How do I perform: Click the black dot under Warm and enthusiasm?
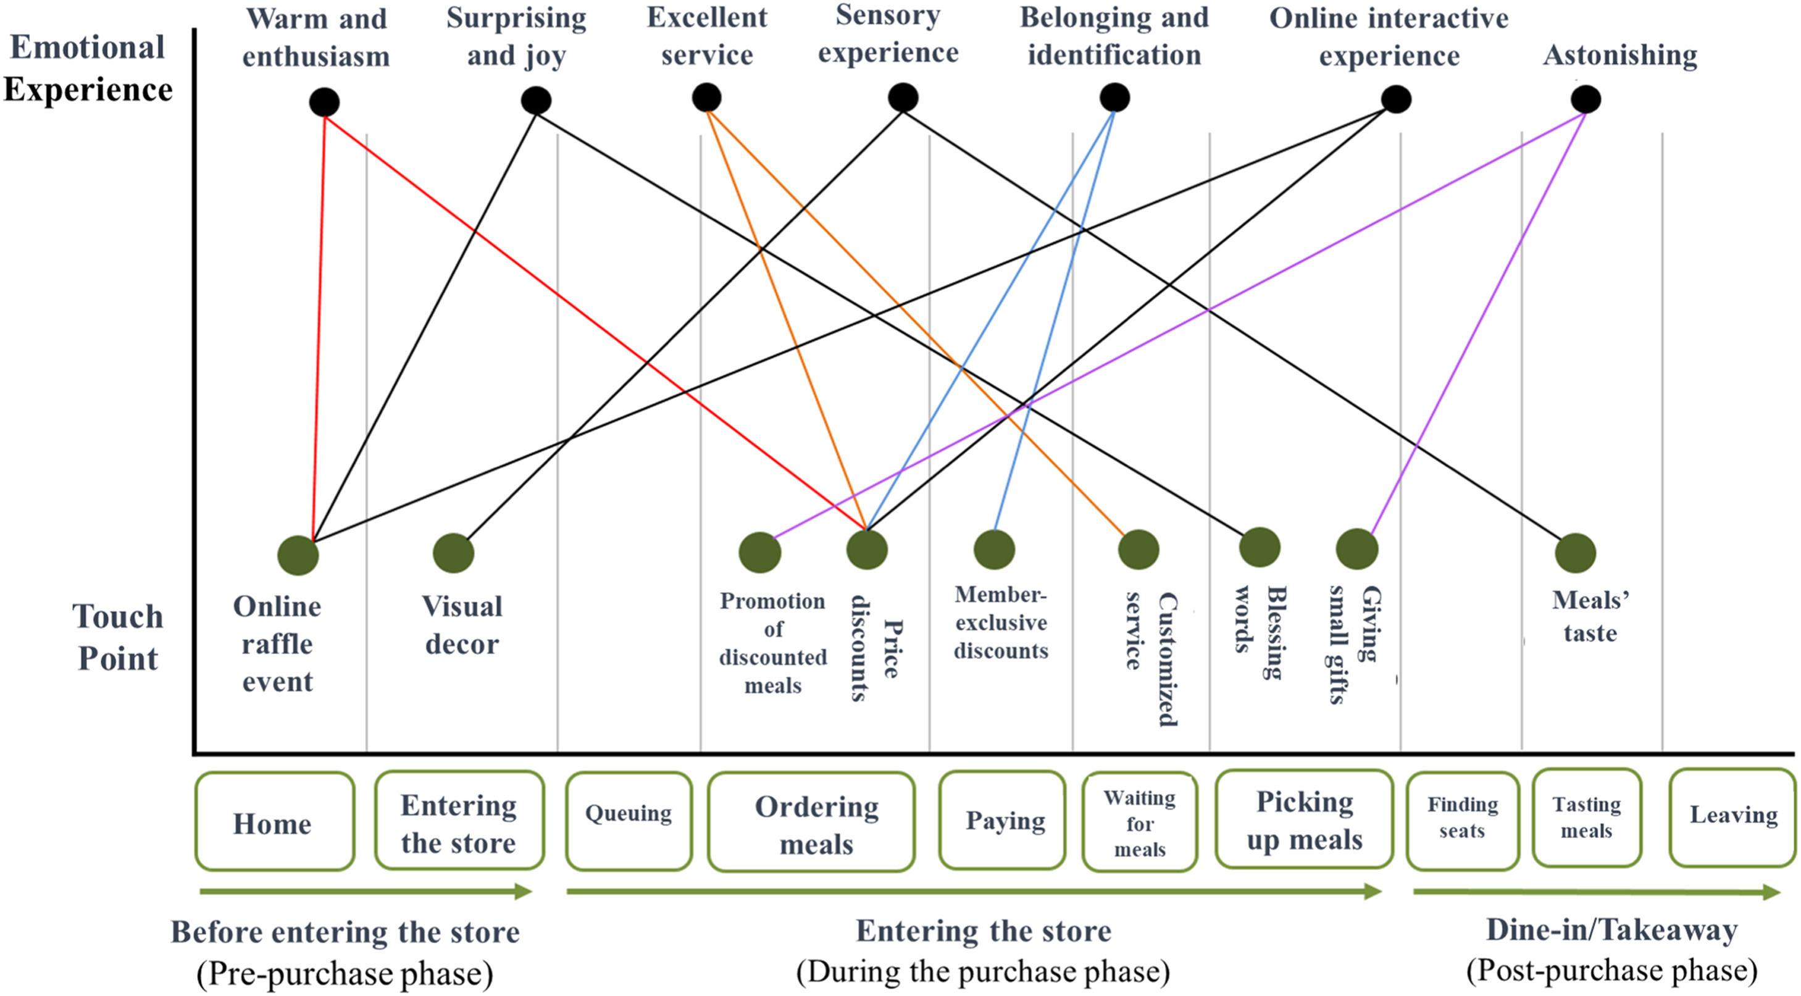324,102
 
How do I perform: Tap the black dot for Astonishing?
1586,99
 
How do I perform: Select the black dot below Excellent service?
706,97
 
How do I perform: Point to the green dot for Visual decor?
453,553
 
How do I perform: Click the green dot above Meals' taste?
1575,553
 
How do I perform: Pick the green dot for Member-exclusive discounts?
994,550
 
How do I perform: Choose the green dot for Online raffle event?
298,555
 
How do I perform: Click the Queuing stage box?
629,821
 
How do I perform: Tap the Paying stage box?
1003,820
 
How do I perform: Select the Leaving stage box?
1732,817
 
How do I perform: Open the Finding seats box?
1462,820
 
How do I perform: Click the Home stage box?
274,822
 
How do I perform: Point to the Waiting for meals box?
1140,822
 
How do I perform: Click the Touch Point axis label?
117,637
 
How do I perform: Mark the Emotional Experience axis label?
88,69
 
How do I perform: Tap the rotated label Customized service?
1151,658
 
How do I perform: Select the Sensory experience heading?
888,35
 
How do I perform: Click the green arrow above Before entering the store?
365,891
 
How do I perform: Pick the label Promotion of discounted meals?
772,643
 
